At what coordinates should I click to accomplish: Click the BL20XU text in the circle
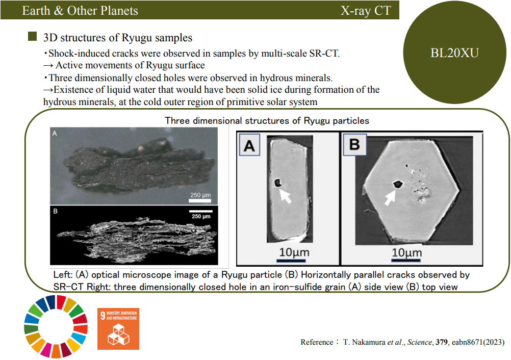tap(454, 53)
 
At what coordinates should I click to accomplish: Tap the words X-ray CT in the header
tap(365, 10)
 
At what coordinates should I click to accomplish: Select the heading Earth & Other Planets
tap(80, 10)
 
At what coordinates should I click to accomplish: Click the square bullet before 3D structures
tap(32, 36)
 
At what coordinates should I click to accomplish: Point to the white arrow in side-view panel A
tap(286, 195)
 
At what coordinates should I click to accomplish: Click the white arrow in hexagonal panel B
tap(390, 197)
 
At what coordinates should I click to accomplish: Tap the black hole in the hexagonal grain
tap(398, 185)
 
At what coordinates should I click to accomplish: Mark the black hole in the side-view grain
tap(277, 183)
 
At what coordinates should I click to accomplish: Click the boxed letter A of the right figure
tap(249, 146)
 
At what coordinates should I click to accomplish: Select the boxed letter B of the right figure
tap(354, 144)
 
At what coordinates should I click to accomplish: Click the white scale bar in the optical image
tap(200, 200)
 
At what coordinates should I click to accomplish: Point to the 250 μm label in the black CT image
tap(201, 216)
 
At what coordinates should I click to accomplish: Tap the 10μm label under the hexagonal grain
tap(407, 252)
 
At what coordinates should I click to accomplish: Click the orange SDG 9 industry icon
tap(118, 329)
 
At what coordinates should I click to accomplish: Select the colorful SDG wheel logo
tap(56, 326)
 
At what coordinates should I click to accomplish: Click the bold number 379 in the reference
tap(442, 342)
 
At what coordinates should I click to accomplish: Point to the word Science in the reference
tap(419, 342)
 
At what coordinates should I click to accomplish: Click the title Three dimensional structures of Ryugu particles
tap(267, 121)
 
